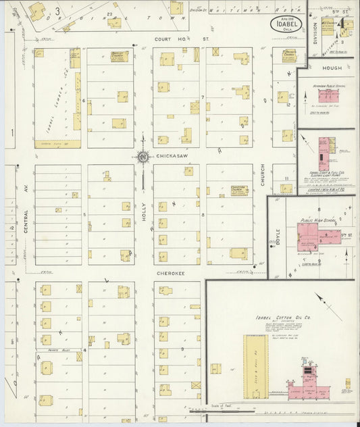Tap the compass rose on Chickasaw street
(x=143, y=157)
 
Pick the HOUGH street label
(x=331, y=68)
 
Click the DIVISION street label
(x=314, y=34)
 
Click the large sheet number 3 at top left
(x=57, y=11)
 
